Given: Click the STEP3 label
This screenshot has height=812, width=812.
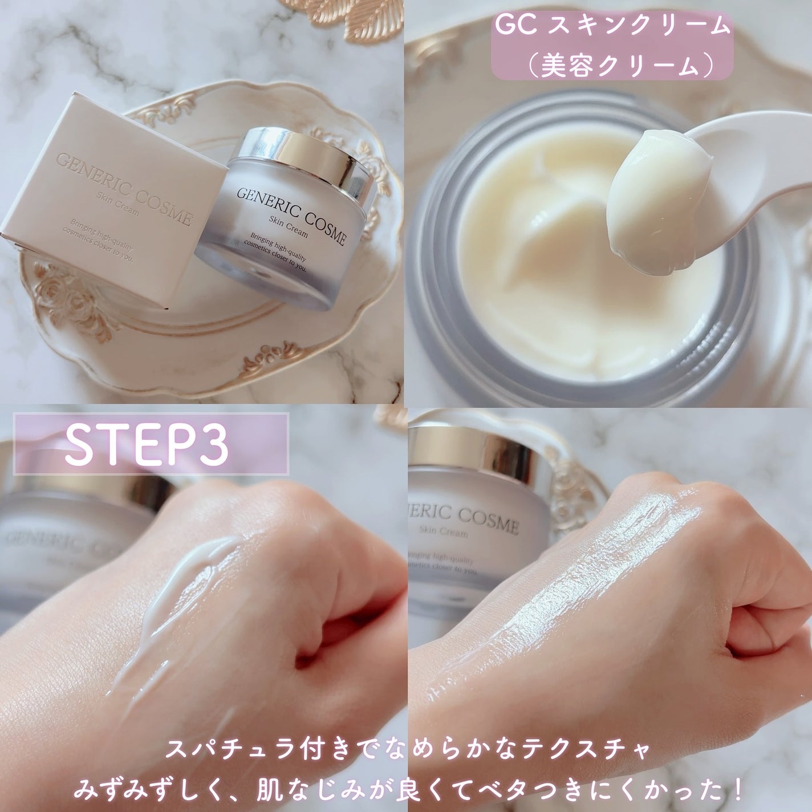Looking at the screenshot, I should pos(147,444).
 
